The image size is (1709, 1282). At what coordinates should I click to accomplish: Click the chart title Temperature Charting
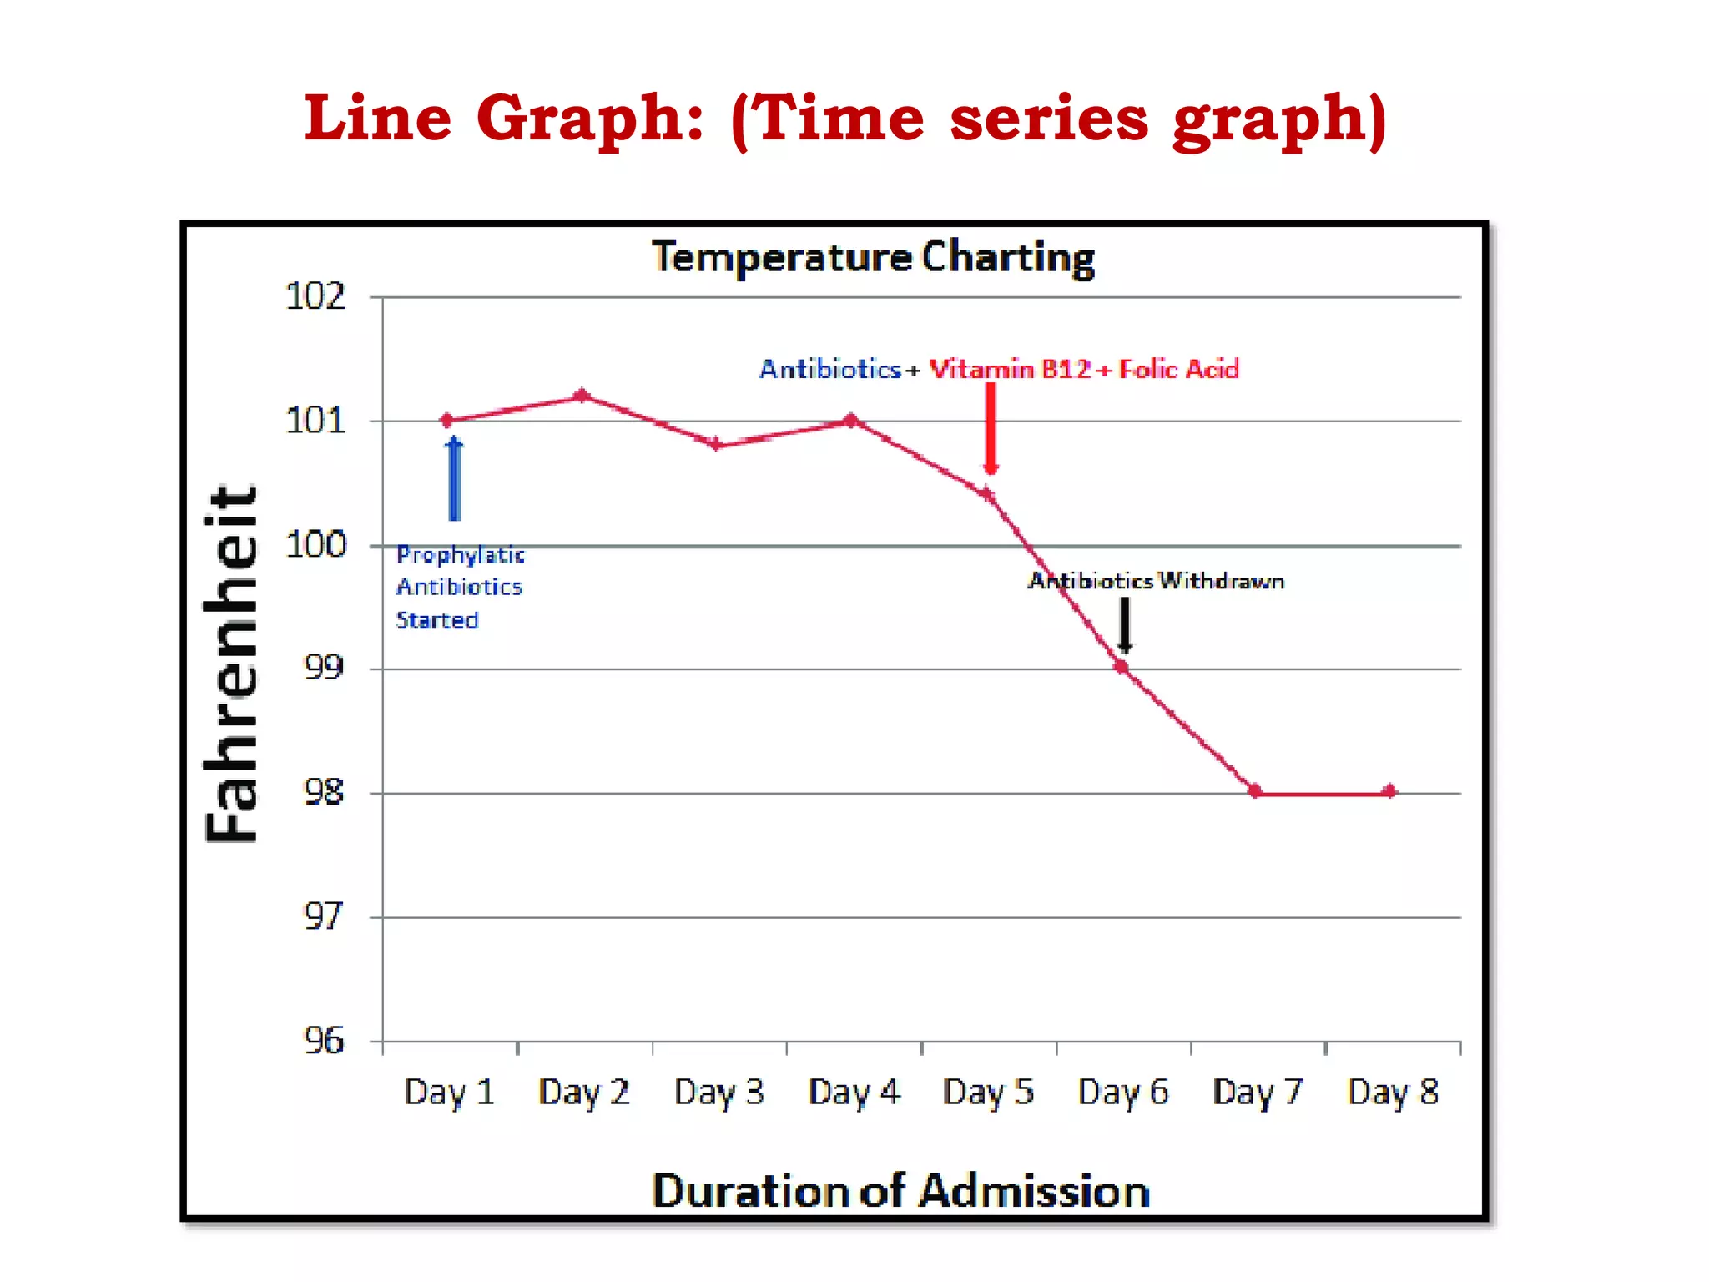[872, 256]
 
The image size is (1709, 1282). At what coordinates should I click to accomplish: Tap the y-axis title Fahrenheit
[232, 664]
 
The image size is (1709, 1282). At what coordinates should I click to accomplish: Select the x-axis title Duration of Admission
[900, 1190]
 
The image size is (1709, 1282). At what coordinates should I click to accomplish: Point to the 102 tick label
[315, 296]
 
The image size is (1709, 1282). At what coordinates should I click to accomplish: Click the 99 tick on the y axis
[324, 667]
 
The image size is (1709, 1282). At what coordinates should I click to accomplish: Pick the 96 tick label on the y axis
[324, 1041]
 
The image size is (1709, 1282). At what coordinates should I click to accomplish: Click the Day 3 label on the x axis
[718, 1092]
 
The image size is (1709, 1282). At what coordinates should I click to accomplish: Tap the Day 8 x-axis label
[1393, 1092]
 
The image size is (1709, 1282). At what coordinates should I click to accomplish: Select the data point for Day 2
[582, 395]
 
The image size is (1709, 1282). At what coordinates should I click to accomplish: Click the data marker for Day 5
[987, 494]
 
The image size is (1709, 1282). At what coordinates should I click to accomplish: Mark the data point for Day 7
[1255, 791]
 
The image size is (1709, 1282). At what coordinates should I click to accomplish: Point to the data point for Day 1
[446, 420]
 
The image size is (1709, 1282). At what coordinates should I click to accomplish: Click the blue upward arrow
[454, 478]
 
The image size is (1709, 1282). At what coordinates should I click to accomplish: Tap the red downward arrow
[991, 427]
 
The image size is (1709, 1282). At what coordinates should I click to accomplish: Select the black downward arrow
[1125, 624]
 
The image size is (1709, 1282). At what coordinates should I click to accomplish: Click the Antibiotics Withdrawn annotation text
[1156, 581]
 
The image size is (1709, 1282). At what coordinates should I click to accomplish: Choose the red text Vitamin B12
[1010, 369]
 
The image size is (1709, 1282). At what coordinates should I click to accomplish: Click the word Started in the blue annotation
[436, 620]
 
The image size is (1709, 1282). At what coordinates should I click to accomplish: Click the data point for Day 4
[851, 420]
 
